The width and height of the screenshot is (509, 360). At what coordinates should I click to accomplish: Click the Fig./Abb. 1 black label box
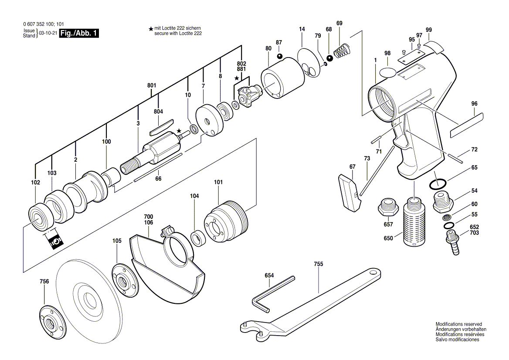79,33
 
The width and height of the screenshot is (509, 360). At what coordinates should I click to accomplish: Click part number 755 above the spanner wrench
318,264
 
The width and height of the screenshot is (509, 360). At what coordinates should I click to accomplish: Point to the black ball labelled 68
330,58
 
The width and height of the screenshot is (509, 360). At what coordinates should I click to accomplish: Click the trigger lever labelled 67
350,191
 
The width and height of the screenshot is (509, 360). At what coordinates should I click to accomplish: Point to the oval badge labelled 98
387,71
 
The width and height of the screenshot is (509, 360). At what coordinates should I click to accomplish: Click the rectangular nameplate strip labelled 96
467,124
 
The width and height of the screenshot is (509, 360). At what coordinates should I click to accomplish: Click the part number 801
152,86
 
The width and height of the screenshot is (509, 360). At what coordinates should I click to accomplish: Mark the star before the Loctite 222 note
151,29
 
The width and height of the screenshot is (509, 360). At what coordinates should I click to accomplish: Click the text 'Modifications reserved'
458,324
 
